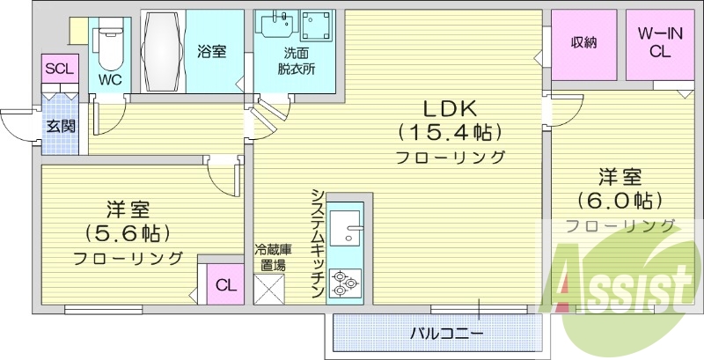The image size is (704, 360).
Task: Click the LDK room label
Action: coord(450,109)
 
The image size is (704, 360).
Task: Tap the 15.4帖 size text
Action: coord(450,133)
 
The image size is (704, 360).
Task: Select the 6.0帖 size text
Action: coord(620,200)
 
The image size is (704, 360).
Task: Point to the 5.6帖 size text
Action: coord(128,233)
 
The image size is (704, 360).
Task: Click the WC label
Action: coord(110,78)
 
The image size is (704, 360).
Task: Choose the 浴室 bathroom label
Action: coord(212,51)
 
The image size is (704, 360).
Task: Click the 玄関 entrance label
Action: coord(61,126)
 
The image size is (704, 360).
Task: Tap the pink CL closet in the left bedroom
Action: coord(225,285)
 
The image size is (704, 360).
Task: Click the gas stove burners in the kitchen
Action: coord(342,284)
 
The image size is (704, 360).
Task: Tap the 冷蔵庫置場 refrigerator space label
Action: coord(270,256)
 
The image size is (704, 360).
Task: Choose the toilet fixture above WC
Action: coord(111,44)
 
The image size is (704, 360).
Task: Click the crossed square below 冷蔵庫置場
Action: coord(268,289)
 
